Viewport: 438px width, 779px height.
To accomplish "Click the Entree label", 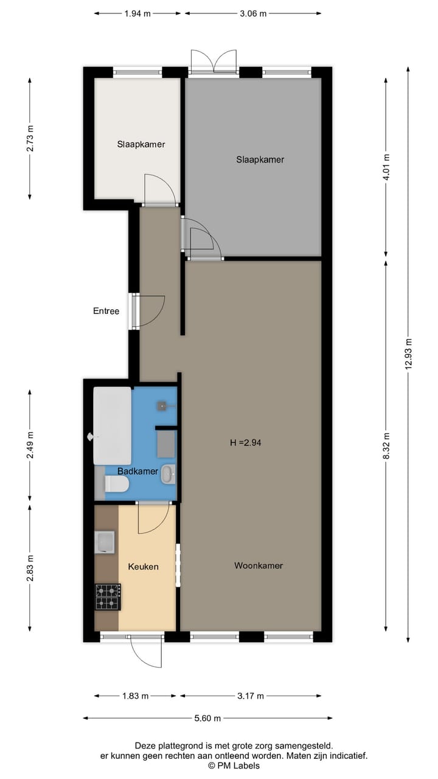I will pyautogui.click(x=106, y=311).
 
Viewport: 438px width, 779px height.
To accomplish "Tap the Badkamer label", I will pyautogui.click(x=137, y=471).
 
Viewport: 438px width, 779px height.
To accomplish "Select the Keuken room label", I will pyautogui.click(x=143, y=567).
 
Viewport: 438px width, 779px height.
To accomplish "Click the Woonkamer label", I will pyautogui.click(x=259, y=565).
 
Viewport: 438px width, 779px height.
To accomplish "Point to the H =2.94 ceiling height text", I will pyautogui.click(x=245, y=443).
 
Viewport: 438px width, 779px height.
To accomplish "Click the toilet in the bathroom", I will pyautogui.click(x=116, y=484).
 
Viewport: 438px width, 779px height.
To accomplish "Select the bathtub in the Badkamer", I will pyautogui.click(x=112, y=425).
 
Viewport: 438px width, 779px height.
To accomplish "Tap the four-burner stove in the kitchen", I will pyautogui.click(x=108, y=596).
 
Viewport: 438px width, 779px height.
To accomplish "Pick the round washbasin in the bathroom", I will pyautogui.click(x=168, y=473).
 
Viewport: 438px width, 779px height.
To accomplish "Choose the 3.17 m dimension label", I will pyautogui.click(x=251, y=696).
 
